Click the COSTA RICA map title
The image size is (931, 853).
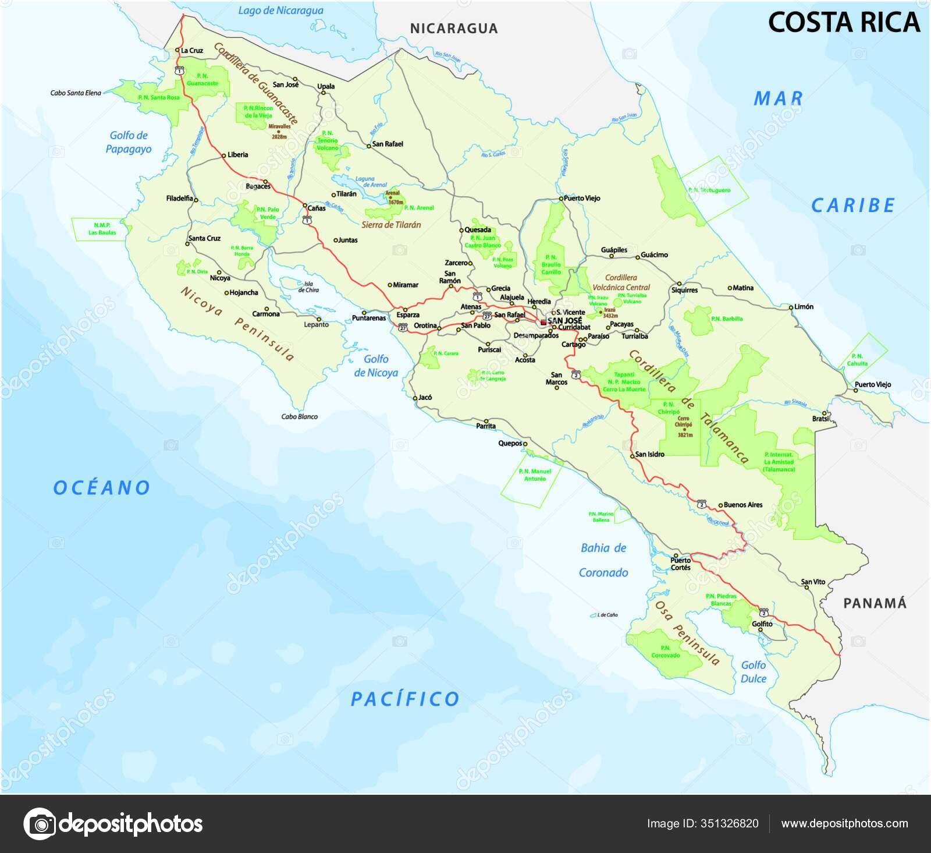844,22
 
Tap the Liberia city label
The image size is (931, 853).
238,154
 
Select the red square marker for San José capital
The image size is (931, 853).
543,322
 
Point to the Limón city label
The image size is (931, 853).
804,306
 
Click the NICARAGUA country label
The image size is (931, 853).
454,29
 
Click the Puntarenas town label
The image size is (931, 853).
369,318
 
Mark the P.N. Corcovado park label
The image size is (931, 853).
666,651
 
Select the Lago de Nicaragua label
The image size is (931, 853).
280,10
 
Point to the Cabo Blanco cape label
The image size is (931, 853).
299,416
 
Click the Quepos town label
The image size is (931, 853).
510,443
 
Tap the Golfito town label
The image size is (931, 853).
762,624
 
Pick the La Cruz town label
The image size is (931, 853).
192,51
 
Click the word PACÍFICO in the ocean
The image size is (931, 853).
405,699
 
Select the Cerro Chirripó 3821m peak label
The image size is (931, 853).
684,426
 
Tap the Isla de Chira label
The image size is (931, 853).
309,286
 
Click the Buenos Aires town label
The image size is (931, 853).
743,505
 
